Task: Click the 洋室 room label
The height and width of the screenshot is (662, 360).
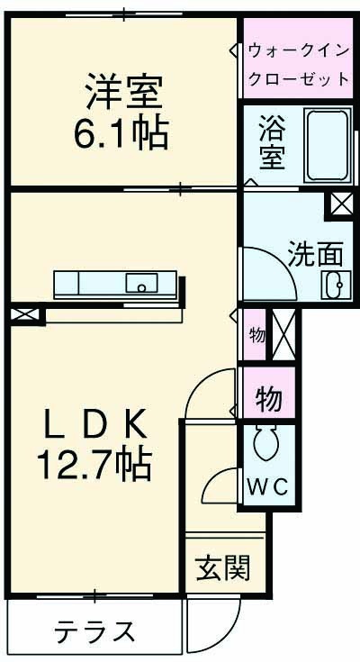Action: (122, 95)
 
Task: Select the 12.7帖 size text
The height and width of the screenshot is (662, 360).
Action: (94, 465)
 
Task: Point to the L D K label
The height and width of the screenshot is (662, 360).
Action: (94, 422)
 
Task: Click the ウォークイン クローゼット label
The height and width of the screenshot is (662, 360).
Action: (297, 64)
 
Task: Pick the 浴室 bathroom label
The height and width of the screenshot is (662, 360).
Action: (272, 141)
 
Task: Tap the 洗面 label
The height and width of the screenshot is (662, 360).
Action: (310, 254)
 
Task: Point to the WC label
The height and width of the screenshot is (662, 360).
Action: (267, 487)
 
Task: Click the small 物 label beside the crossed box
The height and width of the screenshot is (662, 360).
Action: (256, 335)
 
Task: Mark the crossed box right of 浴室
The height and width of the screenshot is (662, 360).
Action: (341, 204)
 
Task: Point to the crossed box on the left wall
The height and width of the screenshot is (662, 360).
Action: (26, 316)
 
